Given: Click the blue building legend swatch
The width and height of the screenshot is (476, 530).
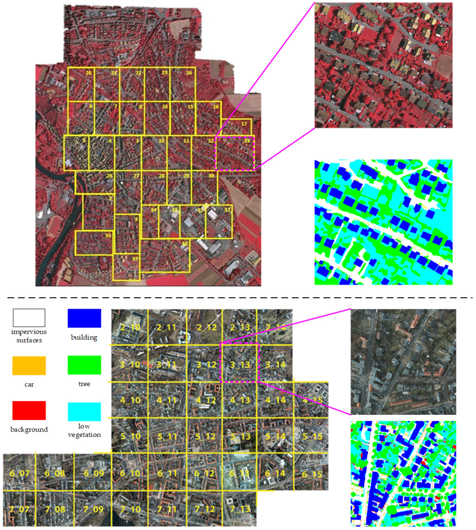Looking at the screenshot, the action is [84, 318].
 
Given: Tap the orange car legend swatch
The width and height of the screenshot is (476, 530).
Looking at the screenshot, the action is [29, 366].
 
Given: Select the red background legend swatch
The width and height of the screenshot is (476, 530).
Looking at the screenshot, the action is [29, 411].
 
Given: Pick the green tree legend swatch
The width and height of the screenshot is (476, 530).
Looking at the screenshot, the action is [84, 365].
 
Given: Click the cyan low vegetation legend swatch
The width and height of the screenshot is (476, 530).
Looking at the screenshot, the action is [84, 412].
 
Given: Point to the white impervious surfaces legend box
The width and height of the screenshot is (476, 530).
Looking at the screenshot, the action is [29, 318].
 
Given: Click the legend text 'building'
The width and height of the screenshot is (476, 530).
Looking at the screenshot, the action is [84, 337].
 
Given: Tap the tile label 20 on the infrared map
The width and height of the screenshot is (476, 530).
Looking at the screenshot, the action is [89, 73].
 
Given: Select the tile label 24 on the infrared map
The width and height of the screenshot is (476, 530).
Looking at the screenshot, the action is [189, 73].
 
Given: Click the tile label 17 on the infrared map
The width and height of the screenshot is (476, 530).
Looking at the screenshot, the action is [244, 124].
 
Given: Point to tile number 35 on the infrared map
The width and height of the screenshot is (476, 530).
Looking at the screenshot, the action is [108, 236].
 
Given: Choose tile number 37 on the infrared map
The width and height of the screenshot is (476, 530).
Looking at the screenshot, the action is [135, 259].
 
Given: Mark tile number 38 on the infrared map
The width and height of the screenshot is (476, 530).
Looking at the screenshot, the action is [185, 244].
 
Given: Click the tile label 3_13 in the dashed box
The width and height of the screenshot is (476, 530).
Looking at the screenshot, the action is [240, 365].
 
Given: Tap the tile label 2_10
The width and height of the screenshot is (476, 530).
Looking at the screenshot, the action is [130, 327].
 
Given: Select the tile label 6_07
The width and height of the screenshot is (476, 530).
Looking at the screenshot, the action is [19, 473].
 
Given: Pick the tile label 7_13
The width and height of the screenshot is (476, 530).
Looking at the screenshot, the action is [240, 509].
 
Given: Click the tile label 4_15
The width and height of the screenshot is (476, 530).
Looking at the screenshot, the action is [312, 400].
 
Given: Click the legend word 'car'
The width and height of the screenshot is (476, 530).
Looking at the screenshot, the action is [29, 384].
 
